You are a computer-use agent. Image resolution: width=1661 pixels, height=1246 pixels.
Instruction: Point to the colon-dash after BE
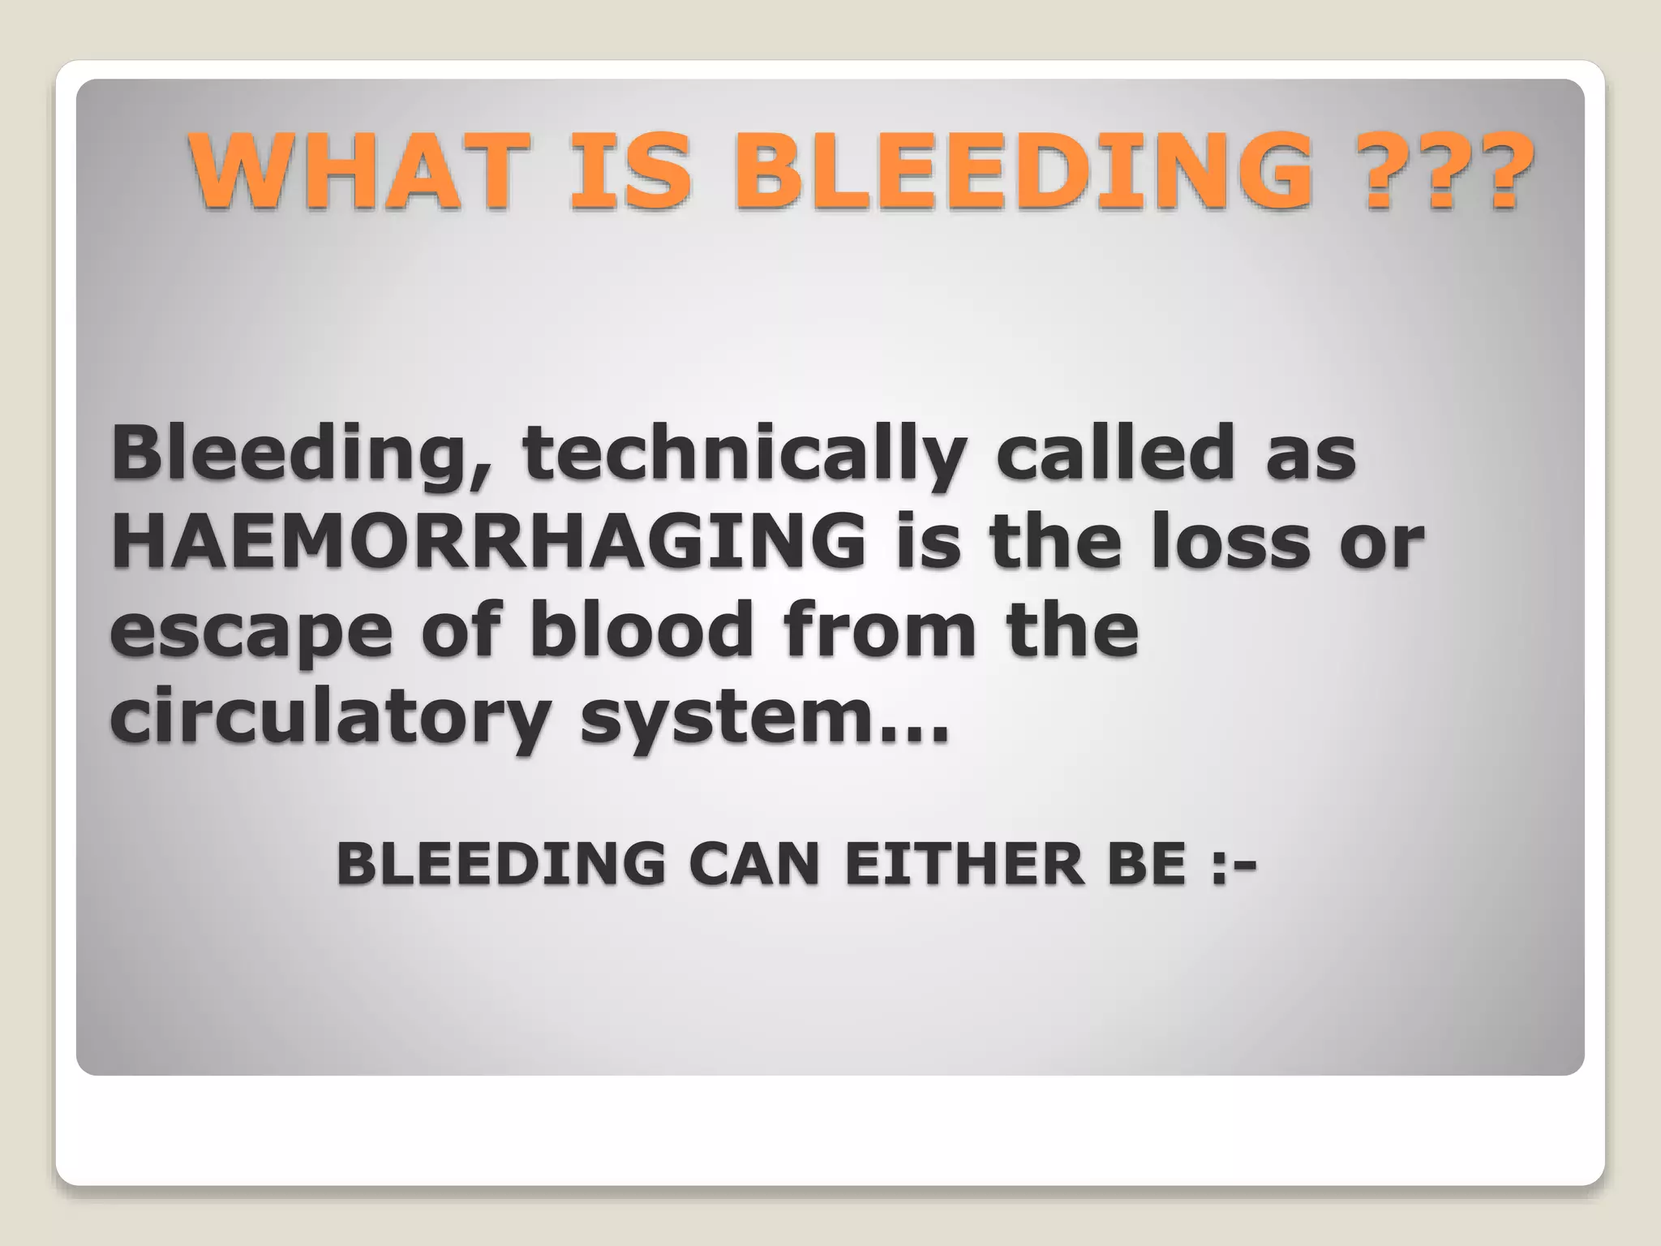(1234, 865)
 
